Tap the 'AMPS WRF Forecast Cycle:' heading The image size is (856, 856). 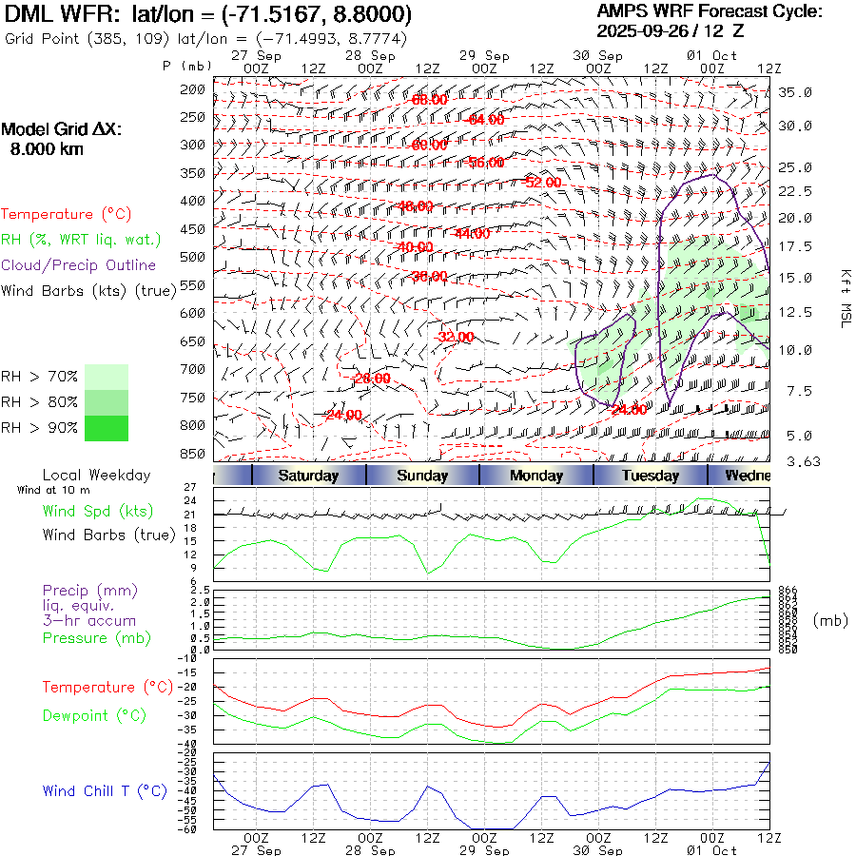pyautogui.click(x=709, y=11)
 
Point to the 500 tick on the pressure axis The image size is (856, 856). pyautogui.click(x=193, y=257)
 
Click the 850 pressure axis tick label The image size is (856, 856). pyautogui.click(x=193, y=453)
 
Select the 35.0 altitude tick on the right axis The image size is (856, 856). pyautogui.click(x=795, y=92)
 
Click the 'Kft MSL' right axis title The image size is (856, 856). pyautogui.click(x=844, y=298)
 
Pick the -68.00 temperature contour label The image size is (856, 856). pyautogui.click(x=429, y=99)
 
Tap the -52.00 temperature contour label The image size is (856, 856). pyautogui.click(x=543, y=182)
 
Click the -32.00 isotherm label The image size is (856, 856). pyautogui.click(x=456, y=337)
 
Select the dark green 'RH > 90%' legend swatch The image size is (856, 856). pyautogui.click(x=106, y=428)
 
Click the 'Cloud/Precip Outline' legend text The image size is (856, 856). pyautogui.click(x=79, y=265)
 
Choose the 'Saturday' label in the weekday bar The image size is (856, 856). pyautogui.click(x=308, y=476)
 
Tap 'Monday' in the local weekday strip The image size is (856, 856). pyautogui.click(x=536, y=476)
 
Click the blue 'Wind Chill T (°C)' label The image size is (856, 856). pyautogui.click(x=105, y=790)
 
